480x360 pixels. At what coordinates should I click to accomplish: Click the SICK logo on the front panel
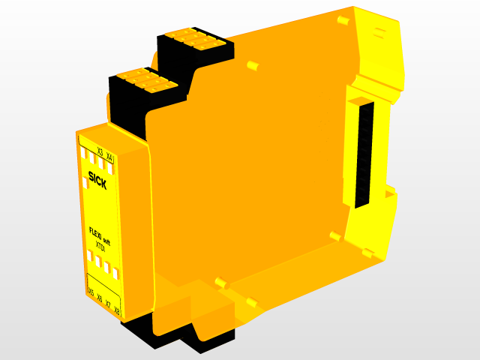click(x=97, y=181)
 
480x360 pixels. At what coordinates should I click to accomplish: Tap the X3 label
click(x=100, y=152)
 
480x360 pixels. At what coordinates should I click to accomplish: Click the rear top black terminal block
click(x=196, y=46)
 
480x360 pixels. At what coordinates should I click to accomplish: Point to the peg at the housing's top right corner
click(x=342, y=18)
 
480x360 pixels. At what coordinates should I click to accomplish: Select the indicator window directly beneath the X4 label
click(x=109, y=167)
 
